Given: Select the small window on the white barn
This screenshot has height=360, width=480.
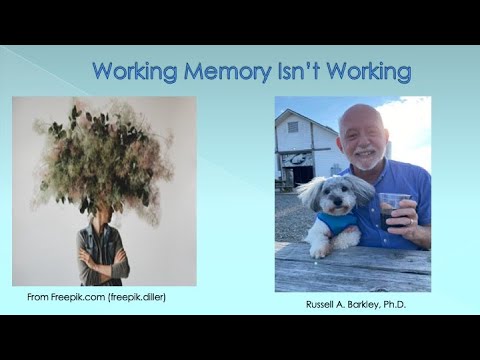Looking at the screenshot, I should tap(293, 127).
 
